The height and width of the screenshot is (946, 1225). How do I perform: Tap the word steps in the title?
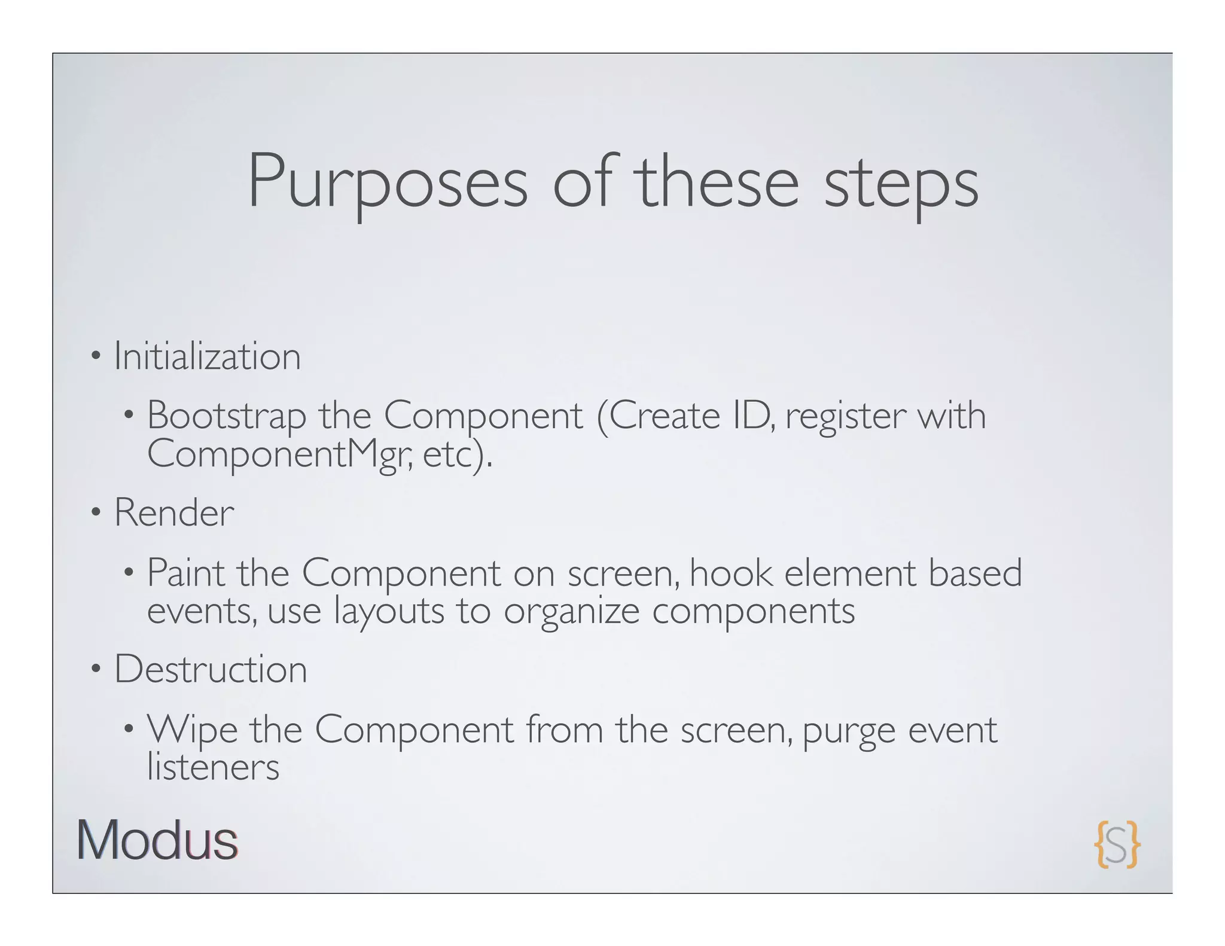(901, 182)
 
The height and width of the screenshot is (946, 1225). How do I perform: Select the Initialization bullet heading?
(207, 356)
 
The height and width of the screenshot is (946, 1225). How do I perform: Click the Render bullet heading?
(174, 513)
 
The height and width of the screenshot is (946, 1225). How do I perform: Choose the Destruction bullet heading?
(211, 669)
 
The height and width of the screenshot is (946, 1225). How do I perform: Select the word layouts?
(389, 611)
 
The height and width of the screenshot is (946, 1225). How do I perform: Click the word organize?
(571, 611)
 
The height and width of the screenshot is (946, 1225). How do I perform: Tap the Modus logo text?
(157, 841)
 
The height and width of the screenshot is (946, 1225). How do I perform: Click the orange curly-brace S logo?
(1117, 844)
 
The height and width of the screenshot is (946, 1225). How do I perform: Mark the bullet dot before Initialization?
(95, 358)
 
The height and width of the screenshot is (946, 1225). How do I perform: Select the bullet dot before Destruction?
(95, 670)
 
